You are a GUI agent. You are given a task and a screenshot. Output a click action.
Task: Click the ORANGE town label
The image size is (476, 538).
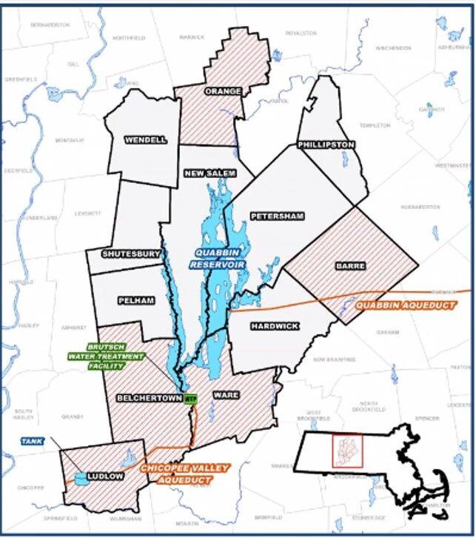click(x=223, y=91)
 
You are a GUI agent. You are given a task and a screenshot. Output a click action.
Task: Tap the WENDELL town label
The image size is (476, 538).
click(x=146, y=139)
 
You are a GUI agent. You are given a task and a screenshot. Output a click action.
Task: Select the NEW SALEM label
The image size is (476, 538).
click(x=210, y=173)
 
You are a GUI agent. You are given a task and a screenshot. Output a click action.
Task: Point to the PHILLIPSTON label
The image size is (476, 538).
click(x=326, y=145)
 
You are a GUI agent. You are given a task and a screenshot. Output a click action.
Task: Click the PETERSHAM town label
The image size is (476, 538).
click(x=277, y=216)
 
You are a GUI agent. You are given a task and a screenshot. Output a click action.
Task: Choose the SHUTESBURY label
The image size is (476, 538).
click(x=131, y=253)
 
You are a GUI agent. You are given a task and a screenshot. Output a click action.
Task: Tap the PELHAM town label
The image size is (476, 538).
click(x=135, y=300)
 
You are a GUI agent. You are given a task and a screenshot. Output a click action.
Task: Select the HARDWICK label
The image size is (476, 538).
click(x=274, y=325)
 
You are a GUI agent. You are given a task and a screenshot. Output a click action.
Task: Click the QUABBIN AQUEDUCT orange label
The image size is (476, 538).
click(x=405, y=305)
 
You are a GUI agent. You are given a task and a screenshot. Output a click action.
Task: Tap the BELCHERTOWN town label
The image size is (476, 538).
click(x=149, y=398)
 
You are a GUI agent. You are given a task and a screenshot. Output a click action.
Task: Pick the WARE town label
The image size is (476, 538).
click(x=225, y=395)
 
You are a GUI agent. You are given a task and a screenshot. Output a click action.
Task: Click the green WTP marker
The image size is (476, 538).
click(x=191, y=399)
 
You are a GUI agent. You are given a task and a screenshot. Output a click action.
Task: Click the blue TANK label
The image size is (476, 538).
click(x=32, y=441)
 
